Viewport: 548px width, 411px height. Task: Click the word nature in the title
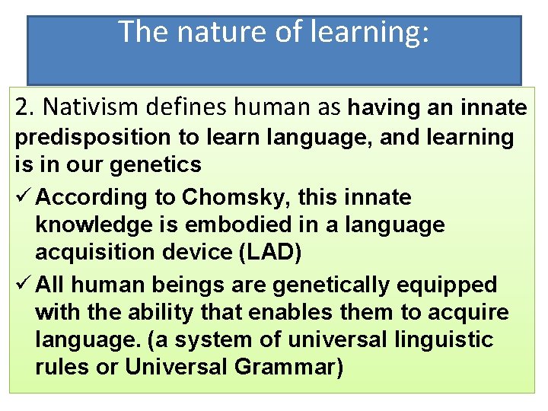(201, 32)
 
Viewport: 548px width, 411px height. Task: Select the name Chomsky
(228, 197)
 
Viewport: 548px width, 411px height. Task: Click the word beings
(186, 285)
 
